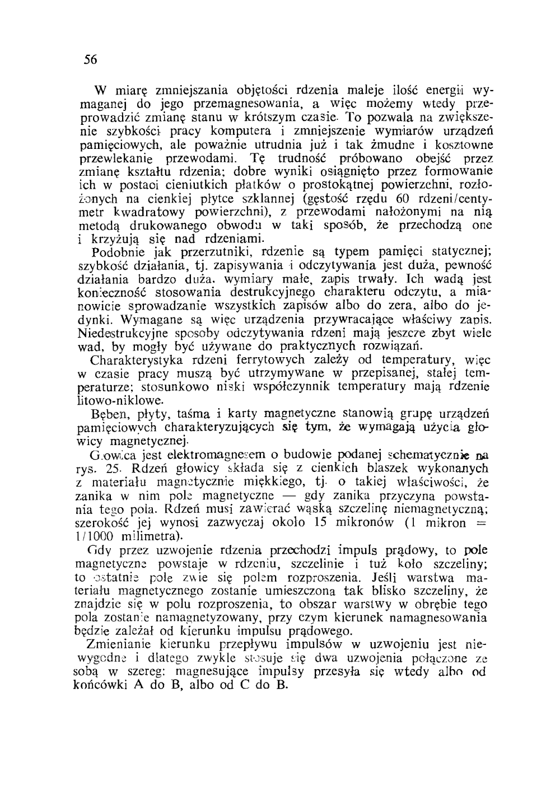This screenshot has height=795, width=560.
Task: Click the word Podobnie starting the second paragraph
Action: tap(115, 251)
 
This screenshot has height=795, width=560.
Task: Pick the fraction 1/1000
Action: tap(96, 535)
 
